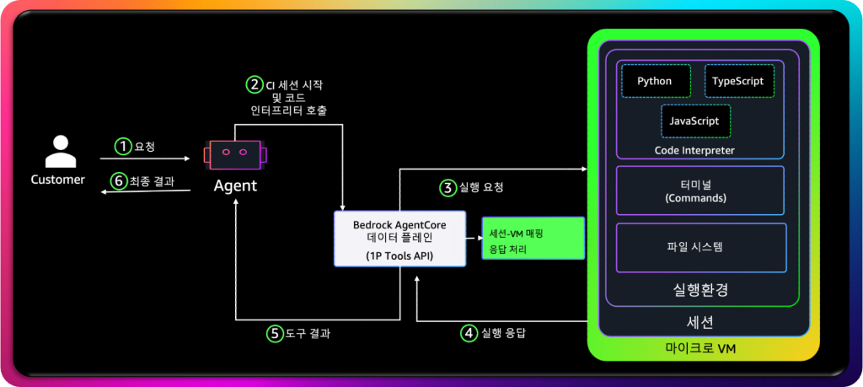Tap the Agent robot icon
[x=233, y=155]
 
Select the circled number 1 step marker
[x=124, y=147]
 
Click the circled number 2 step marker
[x=254, y=84]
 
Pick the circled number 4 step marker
[x=468, y=332]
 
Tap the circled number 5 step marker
[x=274, y=333]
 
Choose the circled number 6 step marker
[x=120, y=180]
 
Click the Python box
[x=656, y=82]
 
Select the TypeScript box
[x=738, y=82]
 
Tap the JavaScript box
[x=694, y=121]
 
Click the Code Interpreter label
[x=694, y=150]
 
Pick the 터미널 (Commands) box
[x=700, y=191]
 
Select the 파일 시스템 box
[x=700, y=248]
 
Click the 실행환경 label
[x=700, y=289]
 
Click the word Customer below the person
[x=58, y=180]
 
